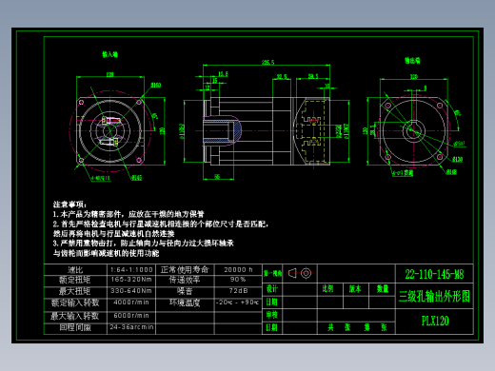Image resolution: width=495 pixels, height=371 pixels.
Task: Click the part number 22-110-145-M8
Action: coord(434,273)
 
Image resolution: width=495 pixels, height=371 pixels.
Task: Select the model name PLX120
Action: coord(434,321)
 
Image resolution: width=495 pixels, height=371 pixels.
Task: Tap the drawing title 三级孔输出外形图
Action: coord(434,296)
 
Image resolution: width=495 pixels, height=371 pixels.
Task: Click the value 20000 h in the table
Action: coord(237,270)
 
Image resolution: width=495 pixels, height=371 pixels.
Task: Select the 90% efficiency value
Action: coord(237,280)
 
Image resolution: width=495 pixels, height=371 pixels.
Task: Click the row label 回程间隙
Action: coord(76,326)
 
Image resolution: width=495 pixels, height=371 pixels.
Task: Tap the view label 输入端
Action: coord(111,55)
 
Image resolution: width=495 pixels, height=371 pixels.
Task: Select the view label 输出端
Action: coord(414,59)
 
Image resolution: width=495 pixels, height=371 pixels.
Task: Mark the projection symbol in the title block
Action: coord(295,273)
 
